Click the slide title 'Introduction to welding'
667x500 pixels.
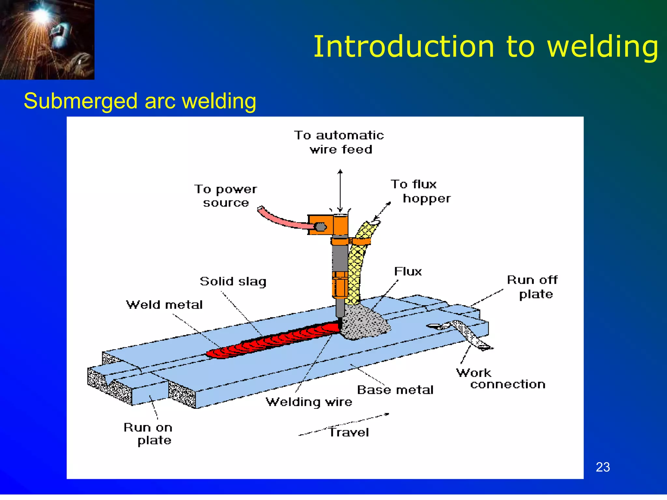pos(485,47)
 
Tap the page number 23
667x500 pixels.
pos(603,467)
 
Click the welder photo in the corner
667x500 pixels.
pos(47,39)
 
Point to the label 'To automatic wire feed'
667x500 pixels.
pos(339,142)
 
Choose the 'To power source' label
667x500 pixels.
pos(226,196)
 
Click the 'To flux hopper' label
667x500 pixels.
pos(420,191)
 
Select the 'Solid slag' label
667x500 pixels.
pos(233,281)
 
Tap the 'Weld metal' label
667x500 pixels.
pos(164,305)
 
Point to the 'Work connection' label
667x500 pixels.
pos(501,379)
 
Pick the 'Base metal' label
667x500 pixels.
pos(395,390)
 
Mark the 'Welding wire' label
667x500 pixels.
pos(309,402)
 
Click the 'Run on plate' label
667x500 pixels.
pos(148,434)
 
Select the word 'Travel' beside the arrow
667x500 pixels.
pos(348,433)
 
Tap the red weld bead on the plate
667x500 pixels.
pos(274,340)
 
